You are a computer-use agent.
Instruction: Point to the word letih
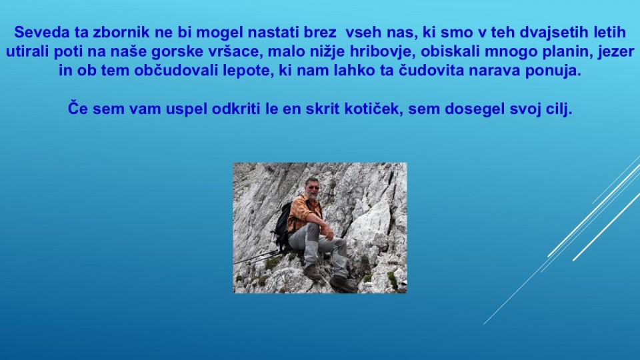pyautogui.click(x=609, y=32)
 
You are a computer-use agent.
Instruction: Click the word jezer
pyautogui.click(x=616, y=52)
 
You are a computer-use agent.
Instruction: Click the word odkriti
pyautogui.click(x=236, y=109)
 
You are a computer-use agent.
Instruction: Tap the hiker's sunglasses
pyautogui.click(x=313, y=187)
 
